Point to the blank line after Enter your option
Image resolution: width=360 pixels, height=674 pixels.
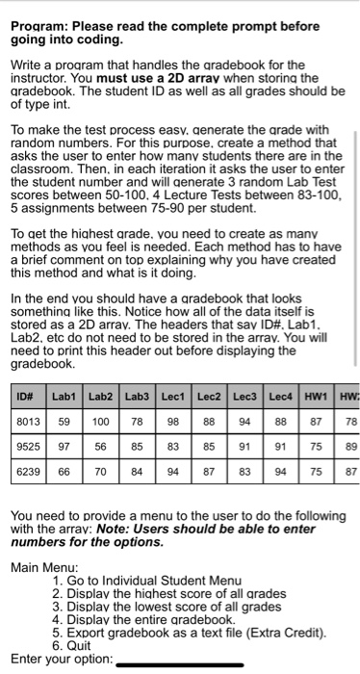(178, 663)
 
